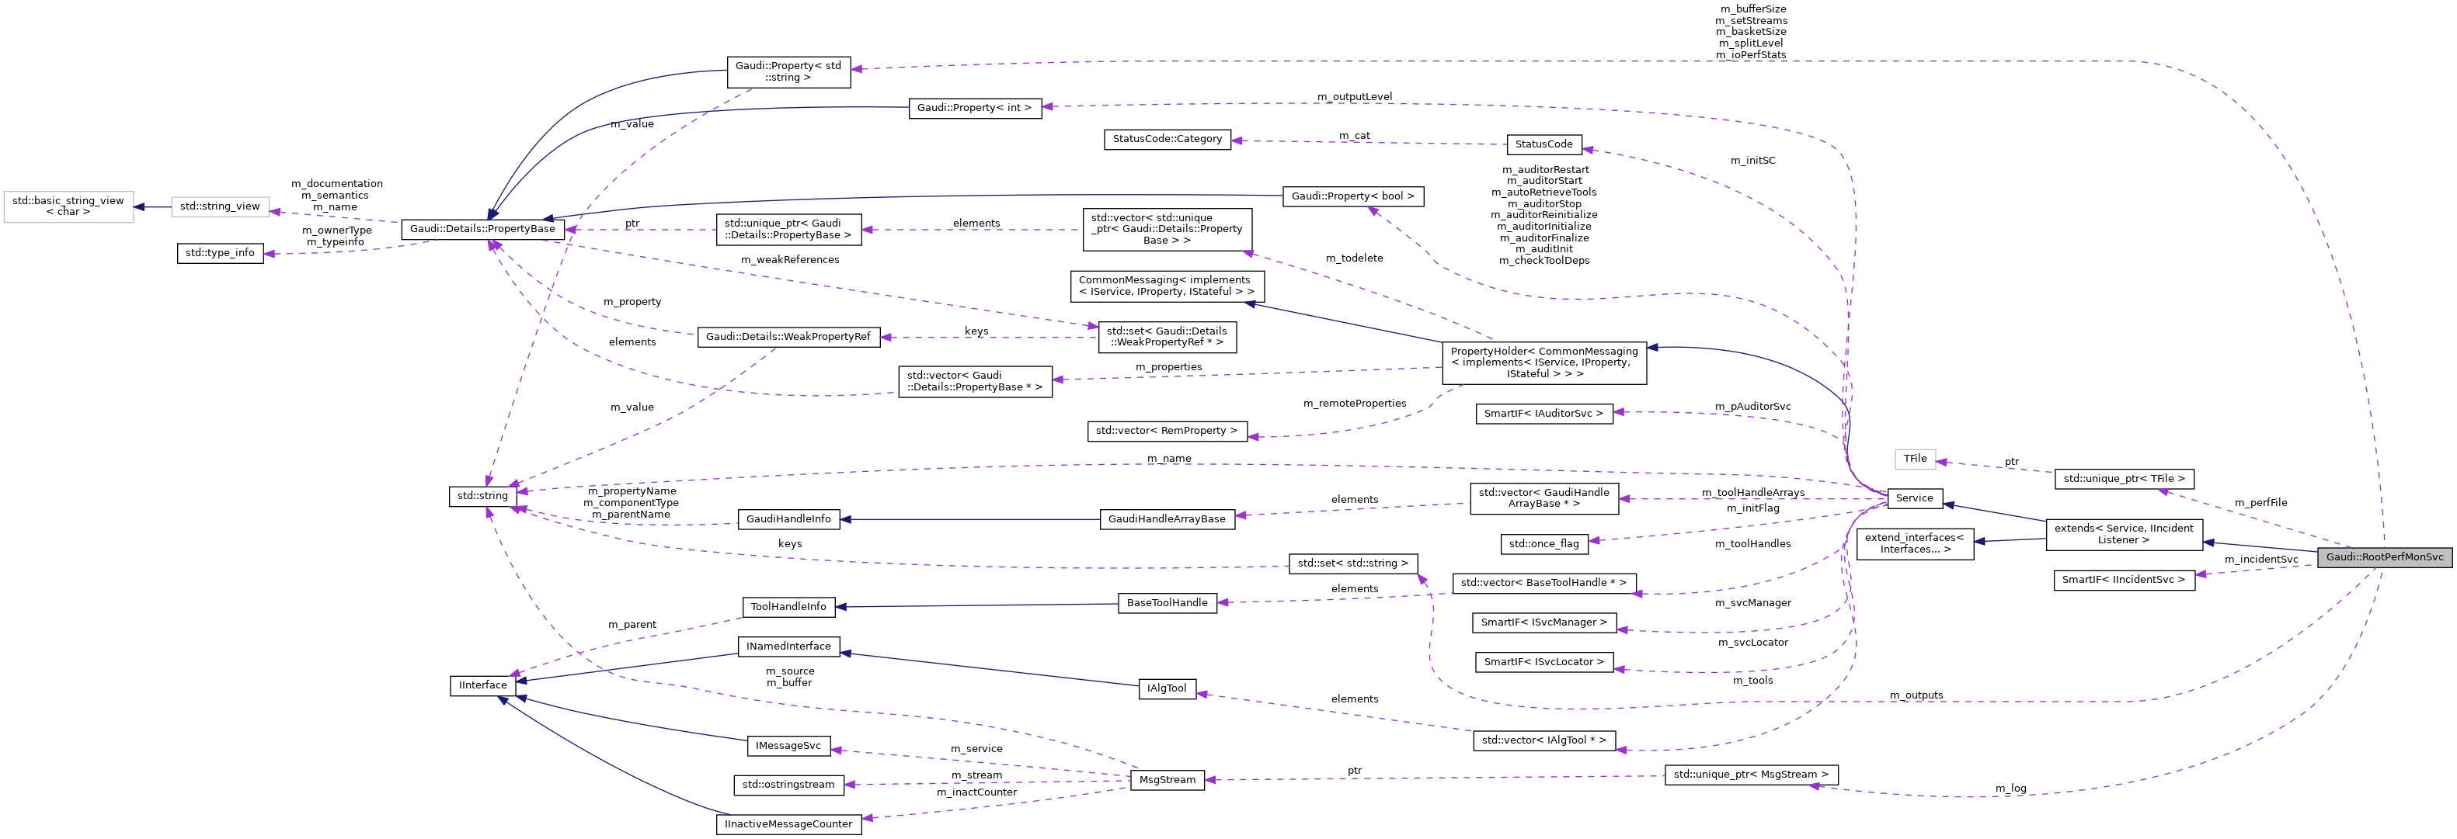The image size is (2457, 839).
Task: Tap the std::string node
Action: coord(482,497)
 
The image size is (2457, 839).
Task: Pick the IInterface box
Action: coord(482,685)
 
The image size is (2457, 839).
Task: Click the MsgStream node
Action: coord(1167,780)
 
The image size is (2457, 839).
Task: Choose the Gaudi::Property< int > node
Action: coord(974,109)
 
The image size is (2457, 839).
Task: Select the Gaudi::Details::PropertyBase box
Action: coord(482,229)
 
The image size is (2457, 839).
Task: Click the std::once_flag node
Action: coord(1543,544)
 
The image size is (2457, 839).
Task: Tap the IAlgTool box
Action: coord(1167,688)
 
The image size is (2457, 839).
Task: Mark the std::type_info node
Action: coord(219,254)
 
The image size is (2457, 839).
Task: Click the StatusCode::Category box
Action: coord(1167,139)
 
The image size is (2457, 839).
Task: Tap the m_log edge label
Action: coord(2010,789)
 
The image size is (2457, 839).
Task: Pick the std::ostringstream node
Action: coord(788,785)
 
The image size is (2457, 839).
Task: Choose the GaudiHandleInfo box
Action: coord(788,519)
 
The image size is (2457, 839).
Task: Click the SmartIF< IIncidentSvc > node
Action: coord(2123,580)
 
